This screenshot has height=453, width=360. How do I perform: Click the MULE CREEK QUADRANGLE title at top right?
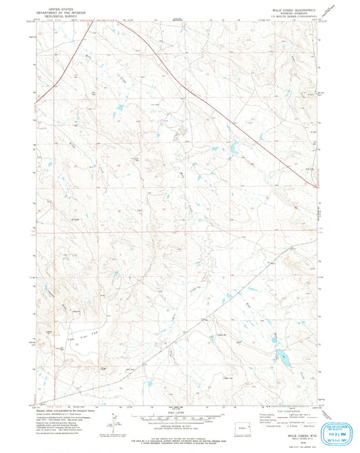295,4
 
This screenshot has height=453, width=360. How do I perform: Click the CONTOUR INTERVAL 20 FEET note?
180,424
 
